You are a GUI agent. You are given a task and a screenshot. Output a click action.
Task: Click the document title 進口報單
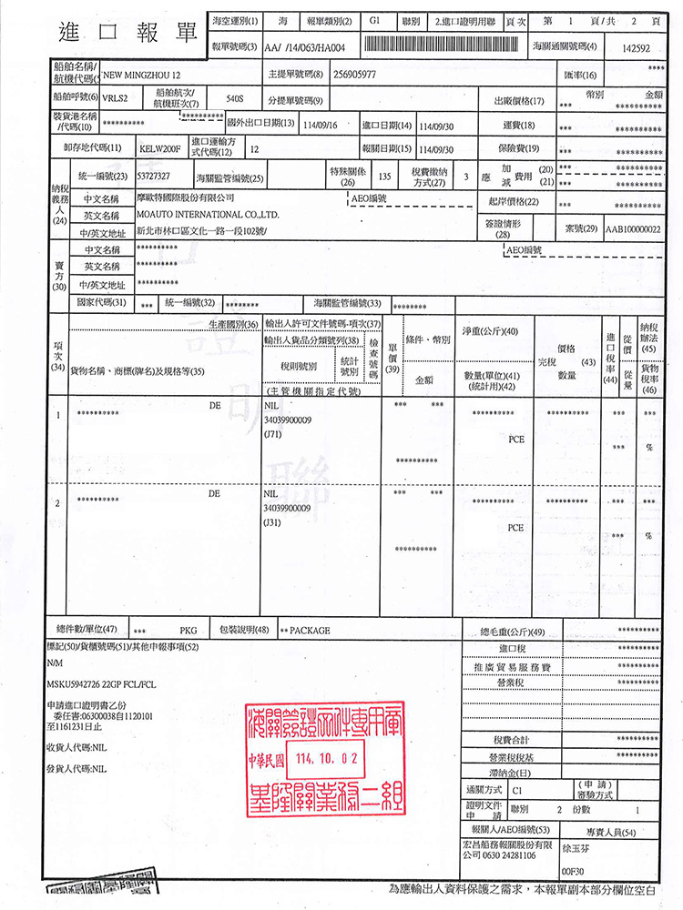(127, 32)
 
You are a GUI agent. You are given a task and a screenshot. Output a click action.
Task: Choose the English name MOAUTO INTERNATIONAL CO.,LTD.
(207, 215)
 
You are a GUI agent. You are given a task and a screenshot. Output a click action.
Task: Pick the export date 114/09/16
(320, 125)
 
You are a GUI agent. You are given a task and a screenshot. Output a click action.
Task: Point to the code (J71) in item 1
(271, 436)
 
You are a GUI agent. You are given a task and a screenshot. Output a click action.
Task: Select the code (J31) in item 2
(271, 523)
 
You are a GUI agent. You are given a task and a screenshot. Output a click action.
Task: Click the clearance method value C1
(517, 790)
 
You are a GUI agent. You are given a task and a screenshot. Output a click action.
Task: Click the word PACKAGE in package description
(310, 631)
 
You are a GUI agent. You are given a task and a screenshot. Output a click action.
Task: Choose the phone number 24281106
(515, 855)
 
